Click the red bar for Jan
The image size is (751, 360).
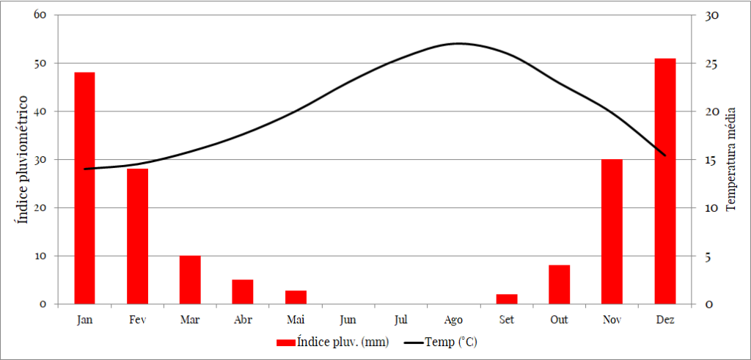84,188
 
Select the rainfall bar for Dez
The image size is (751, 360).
664,181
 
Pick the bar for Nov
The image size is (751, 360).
612,231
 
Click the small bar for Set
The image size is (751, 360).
506,299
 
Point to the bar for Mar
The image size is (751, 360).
190,279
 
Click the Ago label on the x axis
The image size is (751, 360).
453,320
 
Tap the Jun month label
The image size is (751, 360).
348,320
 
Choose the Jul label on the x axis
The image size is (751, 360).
400,320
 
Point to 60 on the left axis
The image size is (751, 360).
40,15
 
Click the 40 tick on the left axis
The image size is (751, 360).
40,111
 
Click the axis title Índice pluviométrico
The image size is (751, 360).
24,159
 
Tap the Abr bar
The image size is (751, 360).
243,292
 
